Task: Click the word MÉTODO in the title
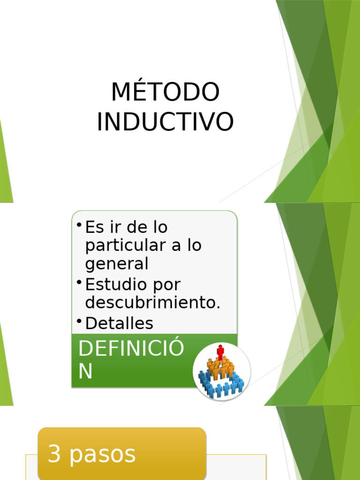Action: click(x=165, y=92)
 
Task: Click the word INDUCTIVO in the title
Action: click(x=165, y=121)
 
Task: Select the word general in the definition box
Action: click(x=117, y=264)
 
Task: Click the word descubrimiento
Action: click(x=152, y=302)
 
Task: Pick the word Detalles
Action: click(x=119, y=323)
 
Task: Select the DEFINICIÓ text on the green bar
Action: click(x=131, y=349)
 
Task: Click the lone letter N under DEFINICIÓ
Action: click(x=85, y=371)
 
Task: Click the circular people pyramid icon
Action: click(x=221, y=371)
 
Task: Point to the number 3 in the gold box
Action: click(x=54, y=454)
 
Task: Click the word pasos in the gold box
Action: click(x=103, y=455)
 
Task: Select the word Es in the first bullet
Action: click(x=93, y=227)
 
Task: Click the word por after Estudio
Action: click(x=167, y=285)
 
